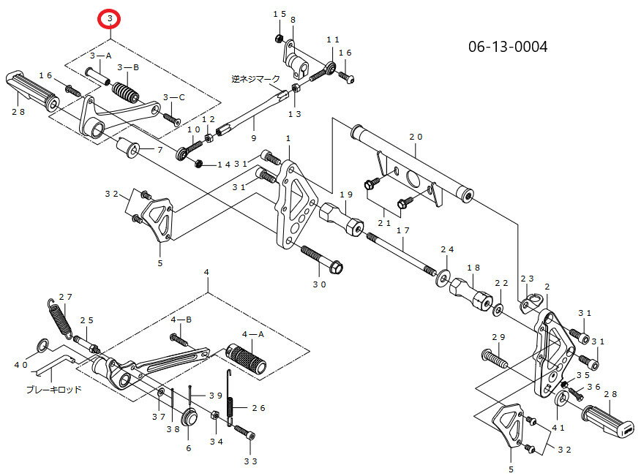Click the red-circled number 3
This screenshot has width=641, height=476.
click(x=110, y=18)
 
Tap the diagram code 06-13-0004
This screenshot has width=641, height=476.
click(x=507, y=47)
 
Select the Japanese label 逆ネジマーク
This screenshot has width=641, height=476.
click(x=255, y=79)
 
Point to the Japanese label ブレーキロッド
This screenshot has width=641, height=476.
click(x=53, y=390)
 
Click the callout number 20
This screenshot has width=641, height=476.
click(x=416, y=137)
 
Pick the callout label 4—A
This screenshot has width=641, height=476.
click(x=252, y=334)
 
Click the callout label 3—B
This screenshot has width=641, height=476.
click(x=128, y=67)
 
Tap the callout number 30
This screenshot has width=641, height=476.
click(x=319, y=284)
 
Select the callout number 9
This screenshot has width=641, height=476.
click(x=253, y=138)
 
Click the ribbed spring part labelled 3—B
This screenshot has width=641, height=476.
click(x=126, y=94)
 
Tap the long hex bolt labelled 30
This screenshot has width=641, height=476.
click(x=322, y=259)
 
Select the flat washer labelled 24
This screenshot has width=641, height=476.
click(x=443, y=277)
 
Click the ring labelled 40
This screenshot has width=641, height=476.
click(x=43, y=345)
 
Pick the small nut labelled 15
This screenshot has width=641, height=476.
click(x=279, y=39)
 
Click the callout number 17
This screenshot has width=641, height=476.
click(x=402, y=230)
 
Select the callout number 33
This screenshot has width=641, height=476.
click(x=250, y=461)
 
